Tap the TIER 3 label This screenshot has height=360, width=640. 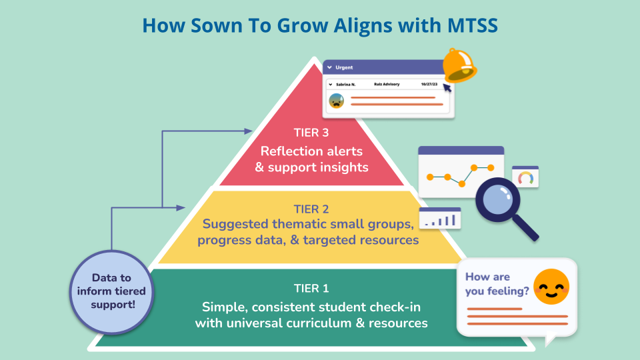(311, 132)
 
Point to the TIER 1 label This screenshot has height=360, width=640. (311, 289)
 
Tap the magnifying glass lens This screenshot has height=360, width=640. (499, 200)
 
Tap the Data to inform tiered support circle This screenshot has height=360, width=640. (111, 291)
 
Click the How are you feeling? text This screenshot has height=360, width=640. (497, 283)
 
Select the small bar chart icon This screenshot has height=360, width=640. (440, 219)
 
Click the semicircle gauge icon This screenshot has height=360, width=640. (525, 178)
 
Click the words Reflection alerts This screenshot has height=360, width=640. (311, 151)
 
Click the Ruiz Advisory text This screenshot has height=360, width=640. (387, 85)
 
